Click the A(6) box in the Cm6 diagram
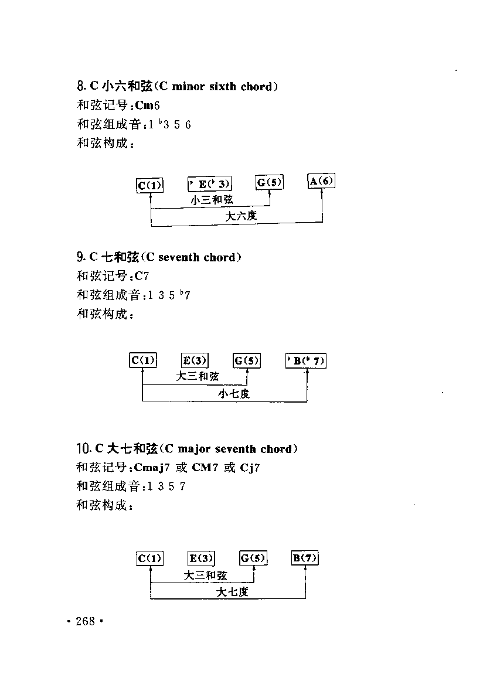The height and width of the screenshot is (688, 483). pos(322,180)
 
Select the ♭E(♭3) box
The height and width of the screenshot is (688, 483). pos(210,184)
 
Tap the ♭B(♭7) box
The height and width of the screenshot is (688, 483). pos(306,360)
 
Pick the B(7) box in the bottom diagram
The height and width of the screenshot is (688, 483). pos(305,558)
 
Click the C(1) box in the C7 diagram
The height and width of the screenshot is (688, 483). pos(143,360)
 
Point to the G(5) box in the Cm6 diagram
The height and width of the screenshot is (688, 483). pos(270,182)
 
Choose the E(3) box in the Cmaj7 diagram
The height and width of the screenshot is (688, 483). pos(202,558)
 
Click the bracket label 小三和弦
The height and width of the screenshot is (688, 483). pos(212,200)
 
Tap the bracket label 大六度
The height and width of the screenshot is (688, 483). pos(241,216)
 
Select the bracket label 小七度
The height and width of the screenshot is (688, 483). pos(234,394)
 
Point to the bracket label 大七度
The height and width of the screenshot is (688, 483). pos(232,592)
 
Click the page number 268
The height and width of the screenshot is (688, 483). pos(85,621)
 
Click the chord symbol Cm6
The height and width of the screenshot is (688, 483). pos(147,105)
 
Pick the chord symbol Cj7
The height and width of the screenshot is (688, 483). pos(250,468)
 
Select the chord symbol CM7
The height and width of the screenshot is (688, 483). pos(205,467)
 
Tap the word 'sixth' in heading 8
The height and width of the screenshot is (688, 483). pos(222,86)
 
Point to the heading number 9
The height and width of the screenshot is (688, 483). pos(81,257)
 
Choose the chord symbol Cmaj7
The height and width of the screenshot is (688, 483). pos(152,468)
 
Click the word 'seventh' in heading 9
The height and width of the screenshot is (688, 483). pos(179,257)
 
